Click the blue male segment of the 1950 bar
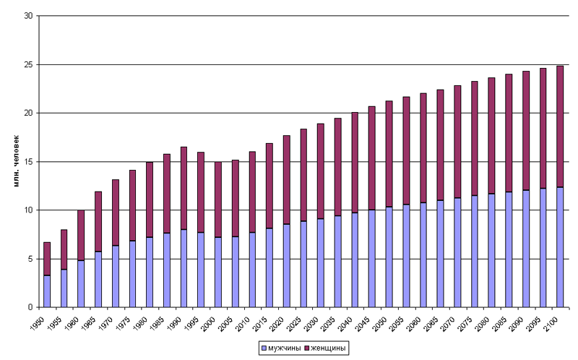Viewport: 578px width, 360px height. pos(47,291)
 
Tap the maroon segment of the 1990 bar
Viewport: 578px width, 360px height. pos(184,188)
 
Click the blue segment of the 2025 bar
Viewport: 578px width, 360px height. pos(303,264)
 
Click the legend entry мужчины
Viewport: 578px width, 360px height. pos(280,349)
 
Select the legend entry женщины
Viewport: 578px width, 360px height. pos(329,349)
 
